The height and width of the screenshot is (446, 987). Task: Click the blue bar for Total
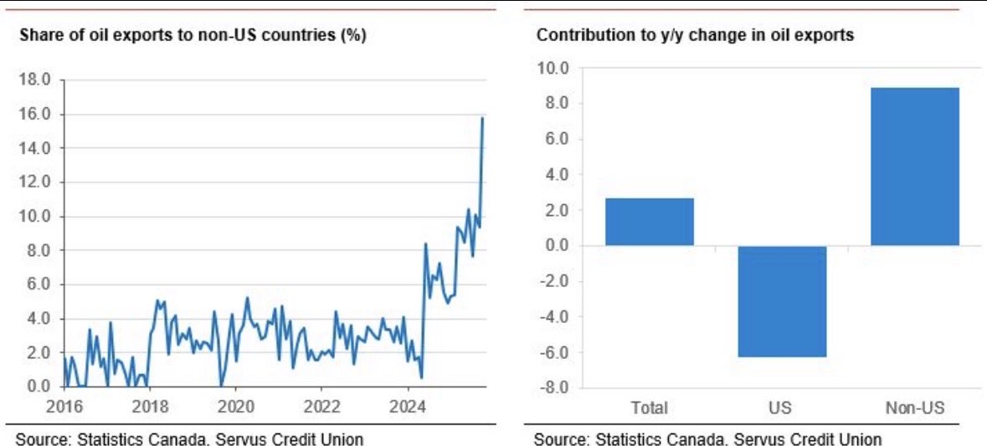point(650,222)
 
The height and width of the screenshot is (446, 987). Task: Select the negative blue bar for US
point(782,301)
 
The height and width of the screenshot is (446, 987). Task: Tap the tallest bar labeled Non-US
point(914,167)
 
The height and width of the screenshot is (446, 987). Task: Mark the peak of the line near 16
point(482,119)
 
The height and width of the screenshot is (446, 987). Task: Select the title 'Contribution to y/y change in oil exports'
point(695,36)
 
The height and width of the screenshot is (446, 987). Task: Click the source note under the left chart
point(189,438)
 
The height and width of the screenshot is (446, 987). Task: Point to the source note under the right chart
point(707,438)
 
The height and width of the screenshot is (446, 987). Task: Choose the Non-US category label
point(914,408)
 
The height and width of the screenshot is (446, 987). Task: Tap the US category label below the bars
point(782,408)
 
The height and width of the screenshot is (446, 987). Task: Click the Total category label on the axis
point(650,408)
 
